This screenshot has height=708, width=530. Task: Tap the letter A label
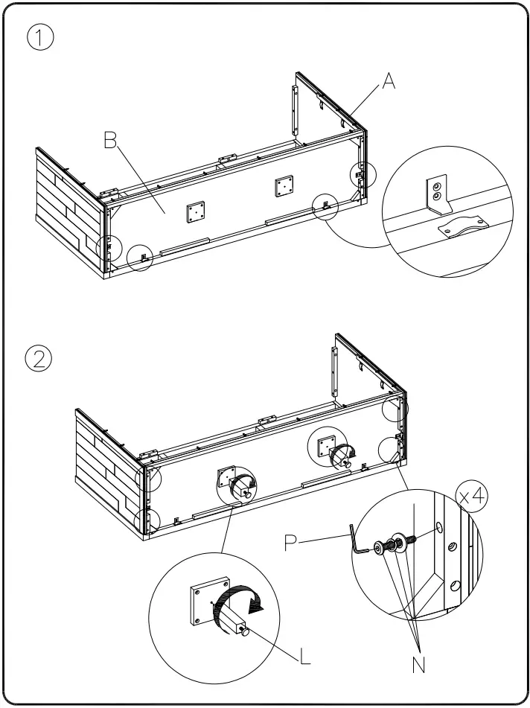[389, 83]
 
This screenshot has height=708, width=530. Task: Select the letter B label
[111, 140]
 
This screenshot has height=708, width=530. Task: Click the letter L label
[305, 657]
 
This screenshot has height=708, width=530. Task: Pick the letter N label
[420, 664]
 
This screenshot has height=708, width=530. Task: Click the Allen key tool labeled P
[359, 542]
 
